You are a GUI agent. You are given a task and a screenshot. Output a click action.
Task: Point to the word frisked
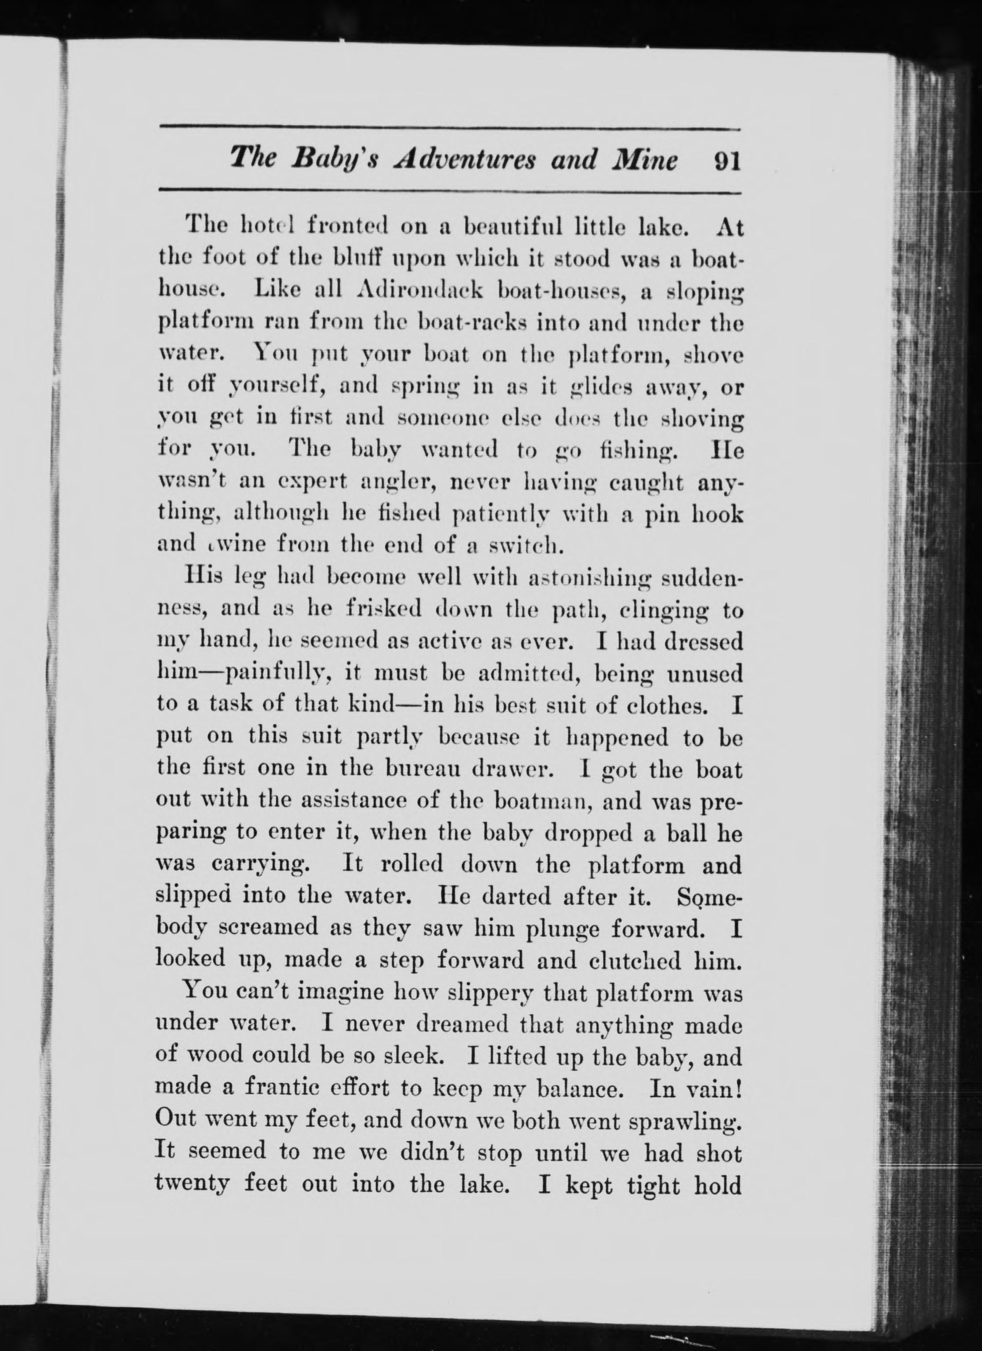[x=385, y=609]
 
